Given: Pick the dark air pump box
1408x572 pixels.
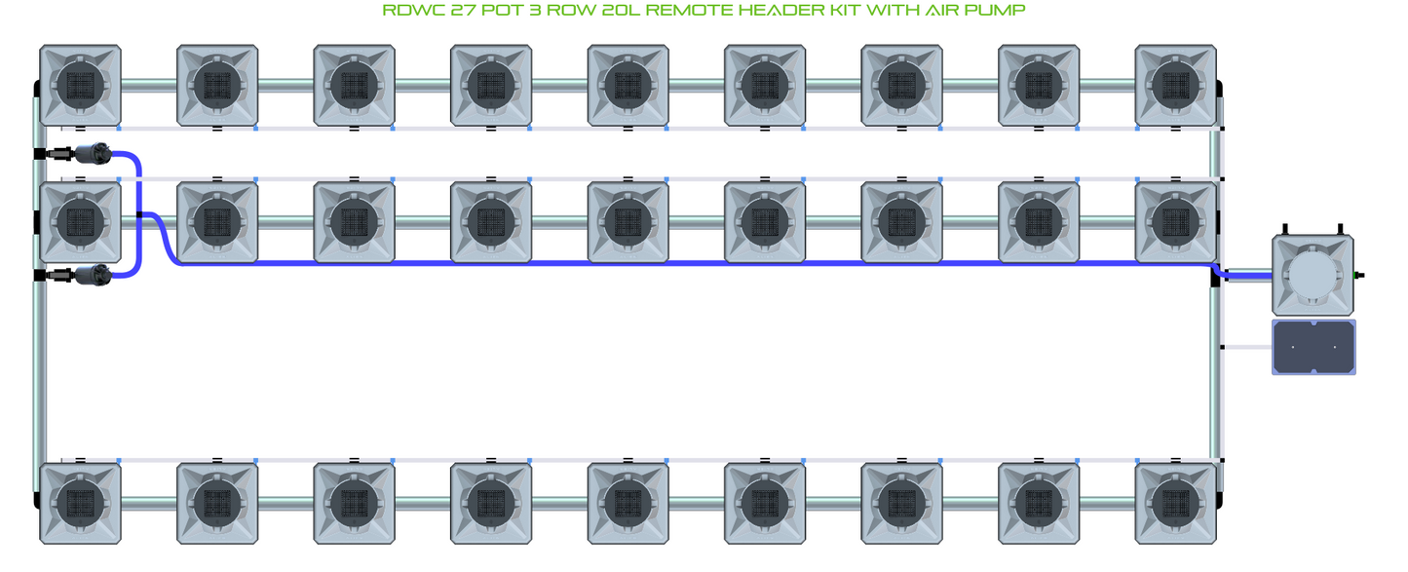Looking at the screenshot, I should [x=1313, y=347].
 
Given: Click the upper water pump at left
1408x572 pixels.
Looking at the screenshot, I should [x=92, y=153].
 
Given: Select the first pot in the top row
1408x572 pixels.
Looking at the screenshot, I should [x=81, y=85].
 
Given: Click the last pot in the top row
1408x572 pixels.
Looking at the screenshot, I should [x=1176, y=85].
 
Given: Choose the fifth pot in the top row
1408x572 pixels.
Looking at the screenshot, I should [x=628, y=85].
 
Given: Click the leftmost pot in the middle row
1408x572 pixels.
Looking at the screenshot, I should [x=81, y=221].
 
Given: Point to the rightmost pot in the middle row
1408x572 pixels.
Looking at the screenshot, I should [x=1176, y=221].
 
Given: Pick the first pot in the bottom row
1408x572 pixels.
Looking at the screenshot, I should [x=81, y=503].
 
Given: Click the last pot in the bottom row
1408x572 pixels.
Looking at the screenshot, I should [x=1176, y=503].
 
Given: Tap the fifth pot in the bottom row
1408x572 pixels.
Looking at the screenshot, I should [x=628, y=503].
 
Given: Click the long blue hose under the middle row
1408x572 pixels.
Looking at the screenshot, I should [x=682, y=263].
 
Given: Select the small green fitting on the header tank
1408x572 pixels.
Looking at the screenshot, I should [x=1359, y=276].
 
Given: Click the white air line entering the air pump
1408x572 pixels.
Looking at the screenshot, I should [x=1247, y=347].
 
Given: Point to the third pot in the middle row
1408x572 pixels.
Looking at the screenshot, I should [x=355, y=221].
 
